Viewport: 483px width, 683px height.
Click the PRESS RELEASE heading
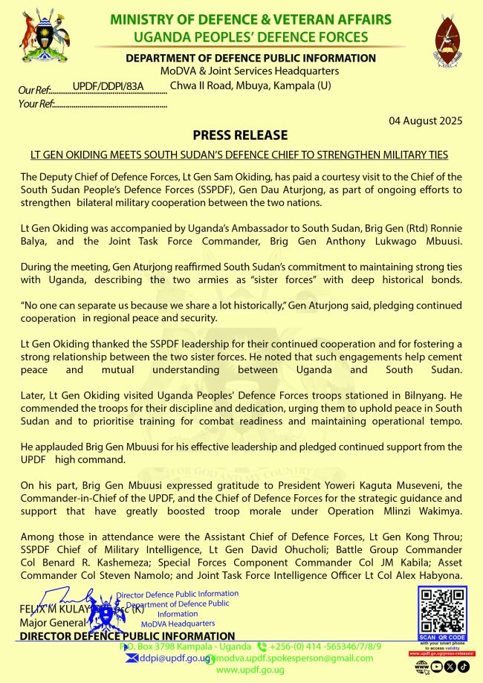[x=240, y=135]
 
